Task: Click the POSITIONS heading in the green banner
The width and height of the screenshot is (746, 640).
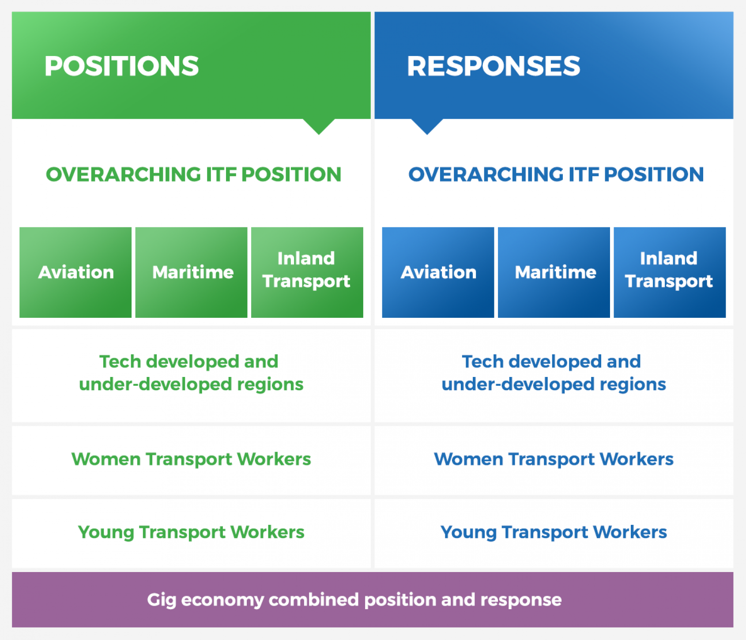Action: [x=121, y=66]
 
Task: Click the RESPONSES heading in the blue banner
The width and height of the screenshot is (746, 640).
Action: [x=493, y=66]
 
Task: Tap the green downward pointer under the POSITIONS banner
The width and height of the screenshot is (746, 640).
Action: [x=319, y=126]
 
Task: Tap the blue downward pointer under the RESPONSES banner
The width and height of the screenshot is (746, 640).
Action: [x=427, y=126]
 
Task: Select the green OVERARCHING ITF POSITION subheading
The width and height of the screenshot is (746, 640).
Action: [x=193, y=174]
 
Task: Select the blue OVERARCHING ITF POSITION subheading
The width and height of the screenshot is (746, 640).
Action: [x=556, y=174]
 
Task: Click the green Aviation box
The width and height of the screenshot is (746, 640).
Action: [x=75, y=272]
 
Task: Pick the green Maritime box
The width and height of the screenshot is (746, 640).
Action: [x=191, y=272]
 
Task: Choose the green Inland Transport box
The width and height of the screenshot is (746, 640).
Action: [x=307, y=272]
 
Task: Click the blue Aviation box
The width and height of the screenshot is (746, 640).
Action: [x=438, y=272]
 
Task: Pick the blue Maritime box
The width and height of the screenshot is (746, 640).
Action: [x=554, y=272]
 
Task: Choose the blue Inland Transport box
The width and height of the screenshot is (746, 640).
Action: [x=669, y=272]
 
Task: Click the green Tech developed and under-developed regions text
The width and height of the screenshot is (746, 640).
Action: [x=191, y=373]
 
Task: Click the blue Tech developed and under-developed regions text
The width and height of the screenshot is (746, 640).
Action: [x=554, y=373]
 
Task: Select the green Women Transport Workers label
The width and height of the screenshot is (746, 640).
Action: [x=191, y=459]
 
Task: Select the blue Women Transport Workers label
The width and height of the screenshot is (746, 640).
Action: [x=554, y=459]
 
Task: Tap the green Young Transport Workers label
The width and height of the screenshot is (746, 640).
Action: [x=191, y=532]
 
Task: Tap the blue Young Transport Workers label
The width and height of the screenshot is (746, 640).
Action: [x=554, y=532]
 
